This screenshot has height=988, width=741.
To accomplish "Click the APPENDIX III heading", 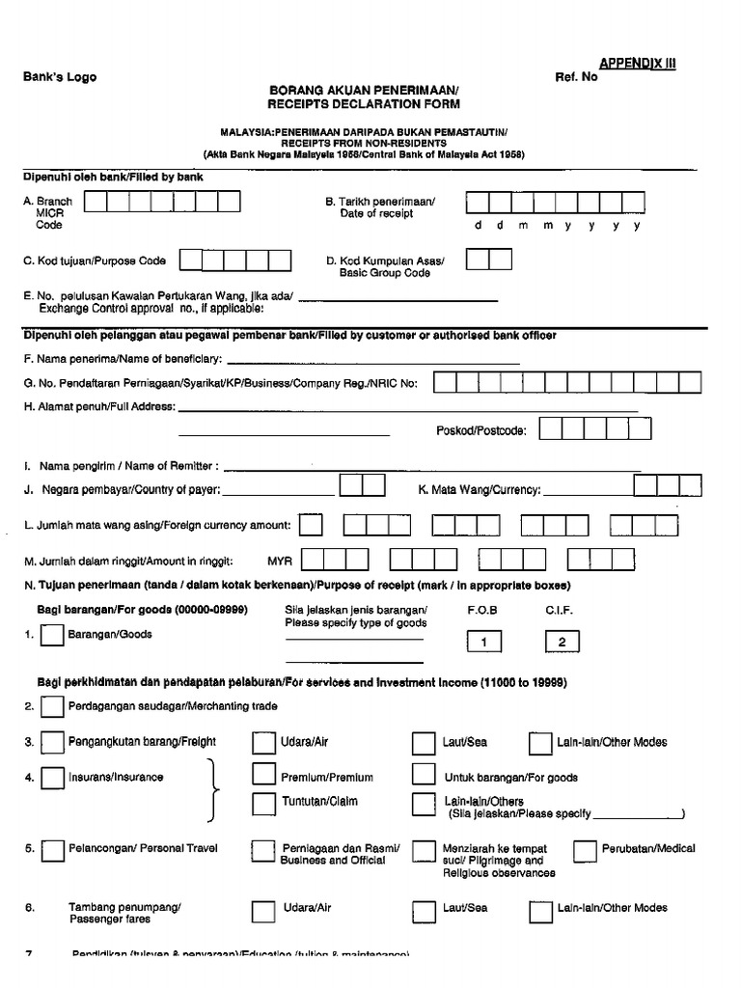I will [x=638, y=63].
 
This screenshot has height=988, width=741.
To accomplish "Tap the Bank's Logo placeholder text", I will [x=60, y=77].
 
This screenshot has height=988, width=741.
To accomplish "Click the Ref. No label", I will [x=576, y=77].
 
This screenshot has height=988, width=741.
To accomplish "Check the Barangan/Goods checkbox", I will [x=53, y=635].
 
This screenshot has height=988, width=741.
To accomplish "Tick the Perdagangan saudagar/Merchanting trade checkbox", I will [x=53, y=707].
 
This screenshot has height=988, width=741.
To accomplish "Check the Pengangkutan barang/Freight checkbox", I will [x=53, y=742].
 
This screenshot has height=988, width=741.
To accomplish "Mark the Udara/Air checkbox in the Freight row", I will [x=263, y=742].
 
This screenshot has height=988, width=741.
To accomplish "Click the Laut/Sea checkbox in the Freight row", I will [x=423, y=742].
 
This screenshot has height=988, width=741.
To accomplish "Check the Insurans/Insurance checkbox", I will [x=53, y=778].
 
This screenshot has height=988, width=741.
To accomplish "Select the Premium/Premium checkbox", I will [x=263, y=775].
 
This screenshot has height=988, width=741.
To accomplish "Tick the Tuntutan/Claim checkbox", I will [x=263, y=803].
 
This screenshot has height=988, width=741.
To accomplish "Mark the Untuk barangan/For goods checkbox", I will [x=423, y=775].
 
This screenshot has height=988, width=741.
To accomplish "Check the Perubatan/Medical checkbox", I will [x=585, y=850].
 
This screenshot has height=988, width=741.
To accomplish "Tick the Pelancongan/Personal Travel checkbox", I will [x=53, y=850].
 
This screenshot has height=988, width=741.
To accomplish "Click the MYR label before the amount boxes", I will [x=280, y=561].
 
